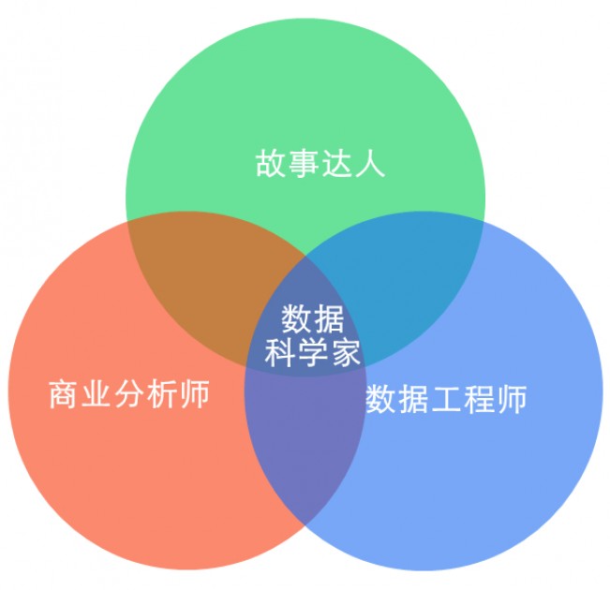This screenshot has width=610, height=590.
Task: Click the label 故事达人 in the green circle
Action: click(x=320, y=164)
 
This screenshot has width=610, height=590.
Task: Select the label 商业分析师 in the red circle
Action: click(x=129, y=394)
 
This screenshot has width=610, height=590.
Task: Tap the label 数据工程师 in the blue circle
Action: click(x=447, y=399)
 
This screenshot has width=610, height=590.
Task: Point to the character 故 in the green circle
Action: click(x=271, y=164)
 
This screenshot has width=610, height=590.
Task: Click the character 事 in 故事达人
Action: click(x=304, y=164)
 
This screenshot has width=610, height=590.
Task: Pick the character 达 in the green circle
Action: click(x=336, y=164)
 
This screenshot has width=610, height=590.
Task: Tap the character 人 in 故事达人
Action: click(x=369, y=164)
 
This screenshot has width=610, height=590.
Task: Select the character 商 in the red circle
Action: click(x=65, y=394)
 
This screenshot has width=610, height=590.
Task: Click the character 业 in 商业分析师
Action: click(x=97, y=394)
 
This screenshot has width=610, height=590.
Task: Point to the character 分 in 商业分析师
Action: click(x=129, y=394)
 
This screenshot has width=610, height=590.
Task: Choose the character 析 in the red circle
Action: click(x=162, y=394)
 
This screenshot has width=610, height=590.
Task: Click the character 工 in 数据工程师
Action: click(x=447, y=399)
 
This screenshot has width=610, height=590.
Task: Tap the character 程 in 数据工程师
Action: click(x=480, y=399)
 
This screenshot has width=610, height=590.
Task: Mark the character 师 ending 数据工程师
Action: click(x=512, y=399)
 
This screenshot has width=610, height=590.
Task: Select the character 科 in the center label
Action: click(x=280, y=352)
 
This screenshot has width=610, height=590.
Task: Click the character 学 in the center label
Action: click(x=312, y=352)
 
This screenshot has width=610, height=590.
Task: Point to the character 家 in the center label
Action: click(x=345, y=352)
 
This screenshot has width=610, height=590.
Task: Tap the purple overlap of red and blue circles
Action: click(x=305, y=439)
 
